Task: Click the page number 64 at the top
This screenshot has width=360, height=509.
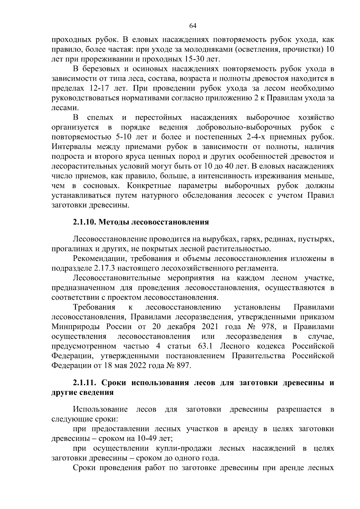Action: tap(193, 26)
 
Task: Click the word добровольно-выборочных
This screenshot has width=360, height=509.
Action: tap(244, 127)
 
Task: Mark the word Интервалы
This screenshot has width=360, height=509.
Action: tap(71, 147)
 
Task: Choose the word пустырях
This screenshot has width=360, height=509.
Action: tap(318, 239)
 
